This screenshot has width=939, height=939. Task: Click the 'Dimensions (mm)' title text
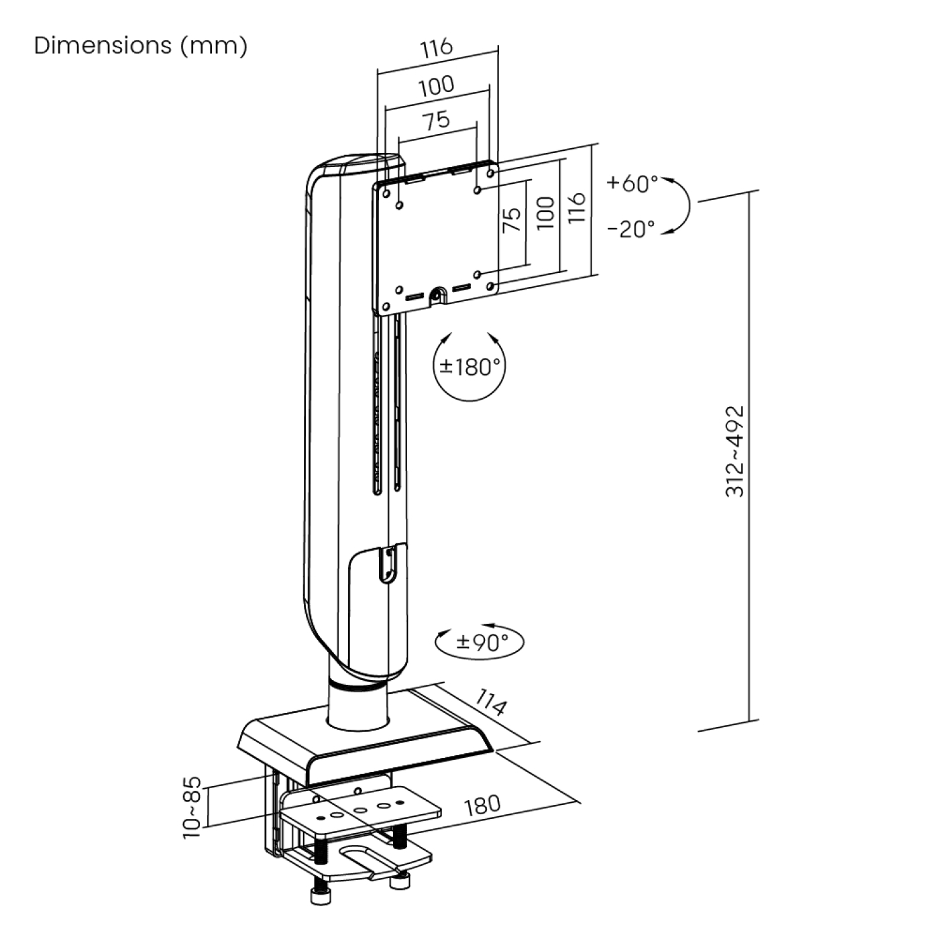click(x=140, y=46)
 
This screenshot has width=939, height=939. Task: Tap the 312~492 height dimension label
click(x=735, y=451)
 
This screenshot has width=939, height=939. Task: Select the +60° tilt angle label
click(x=632, y=182)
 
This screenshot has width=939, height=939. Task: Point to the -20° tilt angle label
click(x=631, y=229)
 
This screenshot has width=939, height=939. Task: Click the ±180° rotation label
click(x=469, y=366)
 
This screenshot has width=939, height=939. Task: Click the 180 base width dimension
click(x=482, y=804)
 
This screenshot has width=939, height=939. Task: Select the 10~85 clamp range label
click(x=192, y=808)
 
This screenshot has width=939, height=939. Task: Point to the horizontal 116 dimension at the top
click(x=437, y=48)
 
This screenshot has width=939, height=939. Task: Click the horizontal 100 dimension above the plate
click(x=437, y=86)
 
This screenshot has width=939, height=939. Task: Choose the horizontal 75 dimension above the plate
click(x=436, y=121)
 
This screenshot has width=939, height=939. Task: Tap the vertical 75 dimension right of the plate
click(x=512, y=220)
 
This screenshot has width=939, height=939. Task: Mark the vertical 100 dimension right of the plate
click(x=546, y=213)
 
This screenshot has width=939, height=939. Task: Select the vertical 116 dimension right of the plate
click(x=577, y=208)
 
